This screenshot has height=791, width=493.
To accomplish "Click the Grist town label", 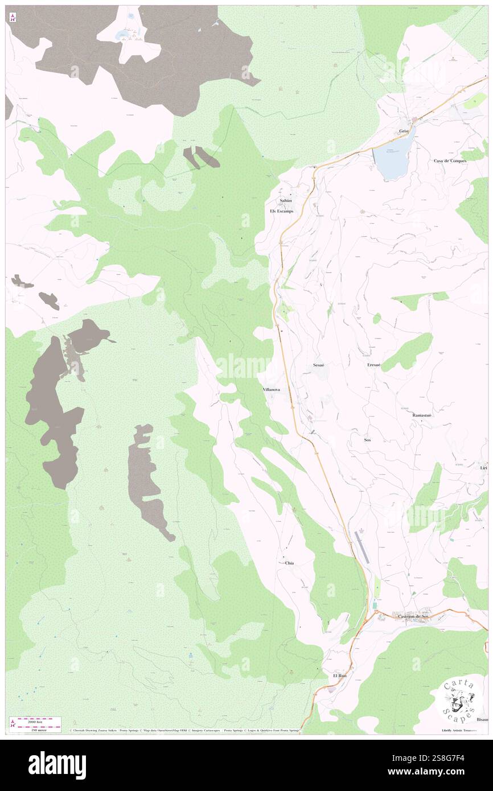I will click(404, 131).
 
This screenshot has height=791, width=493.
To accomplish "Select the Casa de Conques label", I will click(450, 161).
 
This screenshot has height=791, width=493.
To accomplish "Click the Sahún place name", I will click(285, 201).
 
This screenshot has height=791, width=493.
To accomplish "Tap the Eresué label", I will click(373, 365).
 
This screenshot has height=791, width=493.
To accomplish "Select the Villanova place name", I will click(270, 390).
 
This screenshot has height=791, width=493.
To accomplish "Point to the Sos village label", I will click(367, 440).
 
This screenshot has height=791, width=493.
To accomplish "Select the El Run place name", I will click(340, 675).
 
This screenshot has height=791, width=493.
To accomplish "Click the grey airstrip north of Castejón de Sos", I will click(361, 547).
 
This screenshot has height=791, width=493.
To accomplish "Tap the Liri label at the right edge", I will click(483, 468).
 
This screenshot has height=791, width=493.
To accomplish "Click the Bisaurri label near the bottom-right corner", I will click(482, 719).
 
